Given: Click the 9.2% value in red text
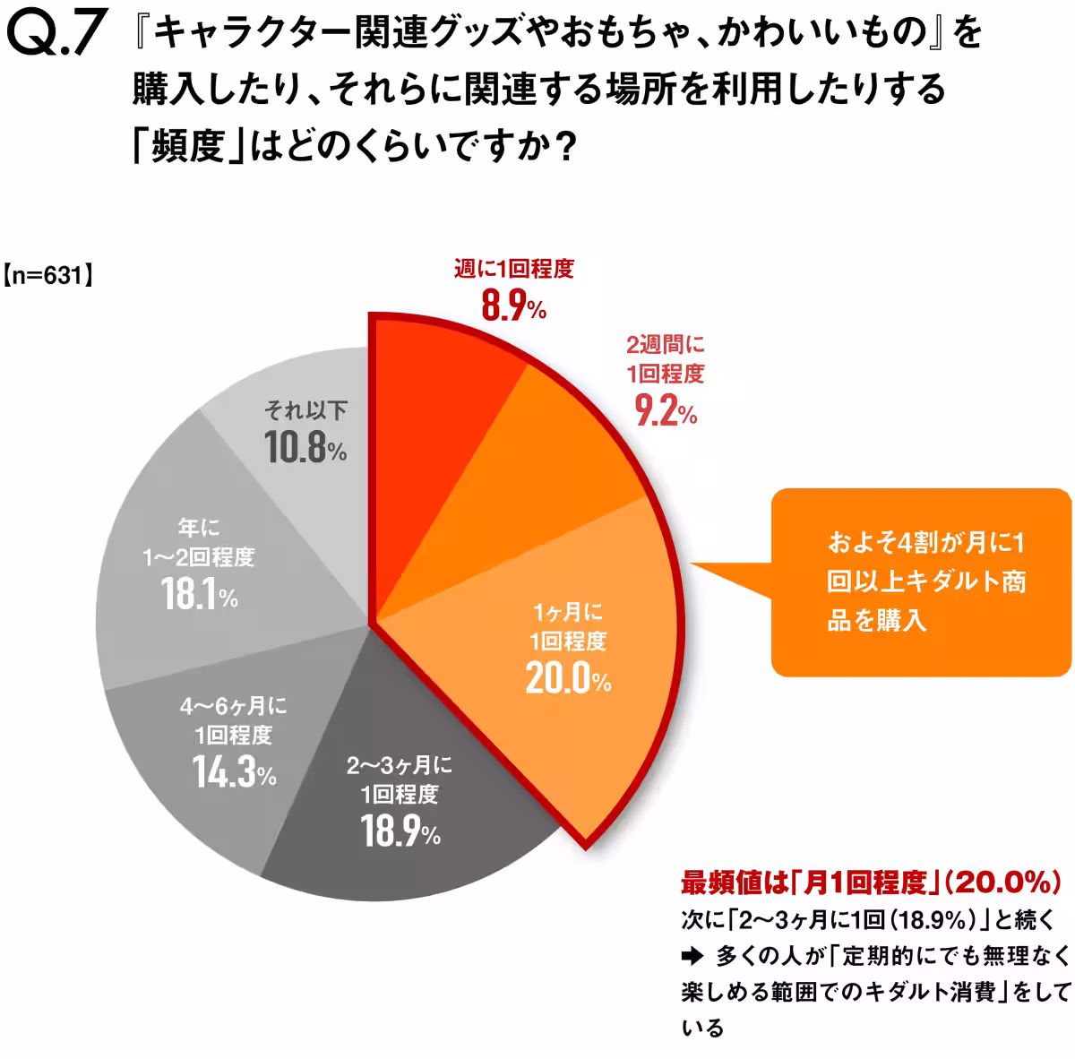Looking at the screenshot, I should tap(665, 411).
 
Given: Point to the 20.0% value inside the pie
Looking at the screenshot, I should tap(568, 679).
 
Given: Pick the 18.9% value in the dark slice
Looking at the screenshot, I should tap(400, 831).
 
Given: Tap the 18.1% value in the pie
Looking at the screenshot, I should tap(200, 594).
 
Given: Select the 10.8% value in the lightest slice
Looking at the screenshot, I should tap(305, 447).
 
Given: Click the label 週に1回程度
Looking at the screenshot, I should tap(513, 269).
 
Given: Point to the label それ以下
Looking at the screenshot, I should tap(305, 410).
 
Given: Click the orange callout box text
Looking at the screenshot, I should tap(925, 581).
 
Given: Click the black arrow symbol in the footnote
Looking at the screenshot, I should tap(692, 956).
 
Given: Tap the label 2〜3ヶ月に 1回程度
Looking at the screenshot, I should tap(400, 779).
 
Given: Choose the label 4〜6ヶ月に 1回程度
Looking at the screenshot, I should tap(234, 721).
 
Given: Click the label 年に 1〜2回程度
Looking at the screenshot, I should tap(199, 543).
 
